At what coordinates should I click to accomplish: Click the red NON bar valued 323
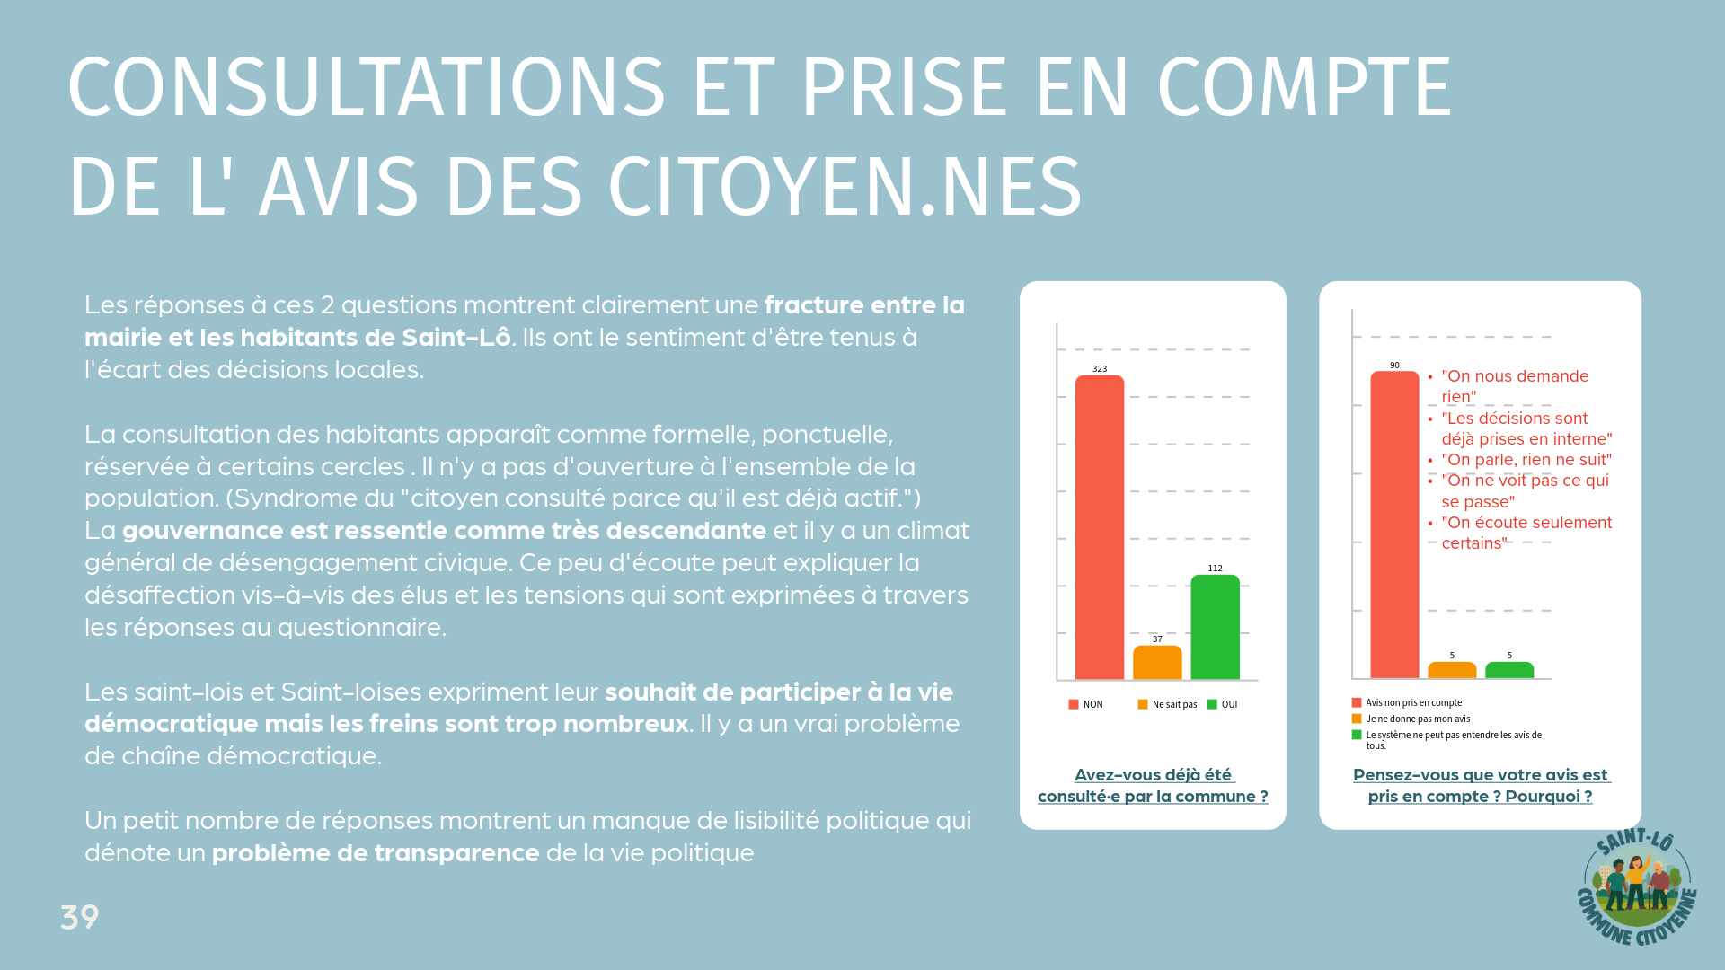pyautogui.click(x=1099, y=527)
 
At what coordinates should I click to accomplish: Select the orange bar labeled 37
pyautogui.click(x=1157, y=663)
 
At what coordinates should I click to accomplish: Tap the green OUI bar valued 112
pyautogui.click(x=1215, y=627)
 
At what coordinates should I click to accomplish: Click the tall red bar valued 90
pyautogui.click(x=1394, y=525)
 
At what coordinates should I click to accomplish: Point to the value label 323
pyautogui.click(x=1100, y=369)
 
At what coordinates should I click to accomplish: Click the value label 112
pyautogui.click(x=1215, y=569)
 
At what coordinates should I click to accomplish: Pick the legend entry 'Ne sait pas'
pyautogui.click(x=1168, y=705)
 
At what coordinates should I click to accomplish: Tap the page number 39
pyautogui.click(x=79, y=917)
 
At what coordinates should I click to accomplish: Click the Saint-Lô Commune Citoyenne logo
pyautogui.click(x=1636, y=886)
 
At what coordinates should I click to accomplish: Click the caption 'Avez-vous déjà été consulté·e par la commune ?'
pyautogui.click(x=1153, y=786)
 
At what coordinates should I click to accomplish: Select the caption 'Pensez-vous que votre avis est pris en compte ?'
pyautogui.click(x=1481, y=786)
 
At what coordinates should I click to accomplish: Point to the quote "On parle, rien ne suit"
pyautogui.click(x=1526, y=460)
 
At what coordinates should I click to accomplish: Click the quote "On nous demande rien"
pyautogui.click(x=1515, y=386)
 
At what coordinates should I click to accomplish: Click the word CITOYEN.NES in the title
pyautogui.click(x=845, y=188)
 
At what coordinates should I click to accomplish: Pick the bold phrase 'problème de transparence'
pyautogui.click(x=376, y=853)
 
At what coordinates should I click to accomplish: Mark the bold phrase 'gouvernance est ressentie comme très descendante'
pyautogui.click(x=444, y=531)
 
